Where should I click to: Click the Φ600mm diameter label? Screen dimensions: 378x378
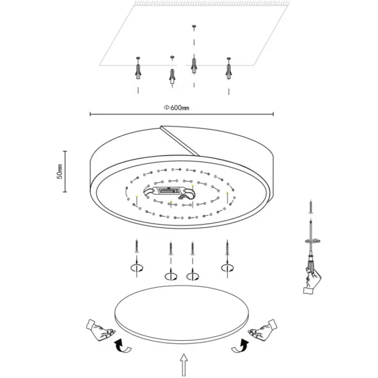pyautogui.click(x=177, y=108)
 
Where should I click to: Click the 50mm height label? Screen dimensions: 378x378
pyautogui.click(x=60, y=172)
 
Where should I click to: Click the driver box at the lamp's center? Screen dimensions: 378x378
pyautogui.click(x=168, y=191)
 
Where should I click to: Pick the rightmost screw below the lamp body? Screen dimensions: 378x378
pyautogui.click(x=227, y=247)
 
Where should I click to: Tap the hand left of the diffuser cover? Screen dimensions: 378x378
pyautogui.click(x=100, y=330)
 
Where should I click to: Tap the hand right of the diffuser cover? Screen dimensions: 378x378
pyautogui.click(x=263, y=330)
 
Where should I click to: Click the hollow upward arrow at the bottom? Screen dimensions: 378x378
pyautogui.click(x=184, y=365)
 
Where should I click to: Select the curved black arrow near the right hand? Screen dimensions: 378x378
pyautogui.click(x=240, y=346)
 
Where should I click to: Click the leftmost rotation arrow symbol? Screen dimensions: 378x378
pyautogui.click(x=137, y=268)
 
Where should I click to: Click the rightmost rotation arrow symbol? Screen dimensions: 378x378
pyautogui.click(x=227, y=268)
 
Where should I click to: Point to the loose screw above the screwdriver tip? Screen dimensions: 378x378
pyautogui.click(x=311, y=207)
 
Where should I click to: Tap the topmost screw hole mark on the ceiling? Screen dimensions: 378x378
pyautogui.click(x=194, y=26)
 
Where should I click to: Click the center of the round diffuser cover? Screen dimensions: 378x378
pyautogui.click(x=182, y=314)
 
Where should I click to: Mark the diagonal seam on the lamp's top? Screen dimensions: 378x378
pyautogui.click(x=180, y=140)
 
